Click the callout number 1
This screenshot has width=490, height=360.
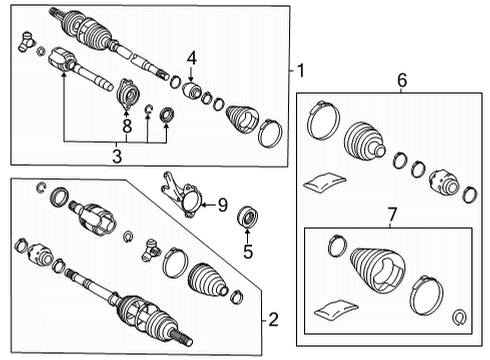point(299,71)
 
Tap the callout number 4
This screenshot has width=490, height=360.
point(192,57)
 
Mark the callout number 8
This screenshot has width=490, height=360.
point(127,126)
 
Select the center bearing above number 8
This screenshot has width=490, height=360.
point(127,95)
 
